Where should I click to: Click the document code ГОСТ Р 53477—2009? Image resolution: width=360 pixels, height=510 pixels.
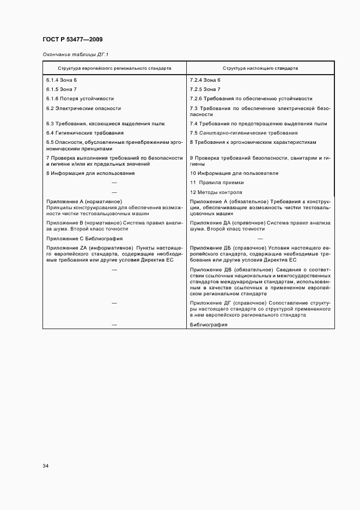tap(72, 40)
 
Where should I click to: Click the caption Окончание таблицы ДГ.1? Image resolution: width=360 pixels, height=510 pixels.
tap(75, 55)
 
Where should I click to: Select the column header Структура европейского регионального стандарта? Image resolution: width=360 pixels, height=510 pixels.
tap(115, 69)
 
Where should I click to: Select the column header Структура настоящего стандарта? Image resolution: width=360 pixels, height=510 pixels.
tap(260, 69)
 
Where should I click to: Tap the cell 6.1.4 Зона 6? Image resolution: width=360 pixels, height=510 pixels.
tap(62, 80)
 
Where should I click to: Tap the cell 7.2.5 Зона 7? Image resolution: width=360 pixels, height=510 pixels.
tap(205, 89)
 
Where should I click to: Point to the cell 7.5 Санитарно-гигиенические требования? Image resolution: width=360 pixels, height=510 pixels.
tap(243, 133)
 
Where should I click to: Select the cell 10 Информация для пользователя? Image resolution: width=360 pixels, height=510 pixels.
tap(234, 173)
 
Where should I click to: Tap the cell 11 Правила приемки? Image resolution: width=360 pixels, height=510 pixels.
tap(217, 183)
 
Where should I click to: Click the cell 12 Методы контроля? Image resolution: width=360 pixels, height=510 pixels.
tap(216, 192)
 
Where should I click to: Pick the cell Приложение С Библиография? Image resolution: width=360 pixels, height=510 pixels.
tap(84, 239)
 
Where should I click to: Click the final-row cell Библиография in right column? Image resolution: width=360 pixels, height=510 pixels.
tap(209, 324)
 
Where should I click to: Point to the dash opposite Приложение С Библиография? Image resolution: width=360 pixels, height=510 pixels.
tap(260, 239)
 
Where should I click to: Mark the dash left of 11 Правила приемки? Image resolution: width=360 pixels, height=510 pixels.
tap(114, 183)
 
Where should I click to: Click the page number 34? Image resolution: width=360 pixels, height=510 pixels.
tap(46, 466)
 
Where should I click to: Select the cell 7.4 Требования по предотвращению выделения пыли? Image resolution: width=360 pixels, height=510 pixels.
tap(259, 124)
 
